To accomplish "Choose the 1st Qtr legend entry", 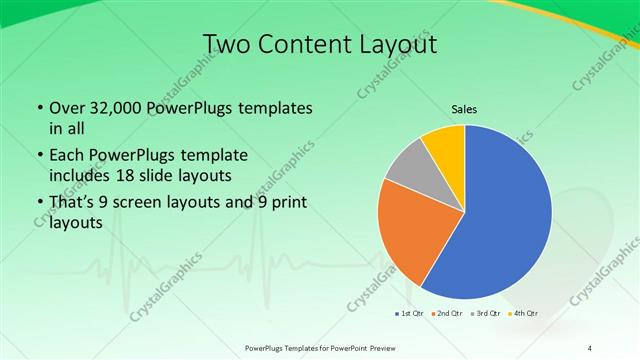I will (411, 314).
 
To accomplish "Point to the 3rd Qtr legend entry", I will (485, 314).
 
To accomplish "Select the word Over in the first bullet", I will (66, 108).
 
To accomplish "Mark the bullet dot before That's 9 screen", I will (38, 203).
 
